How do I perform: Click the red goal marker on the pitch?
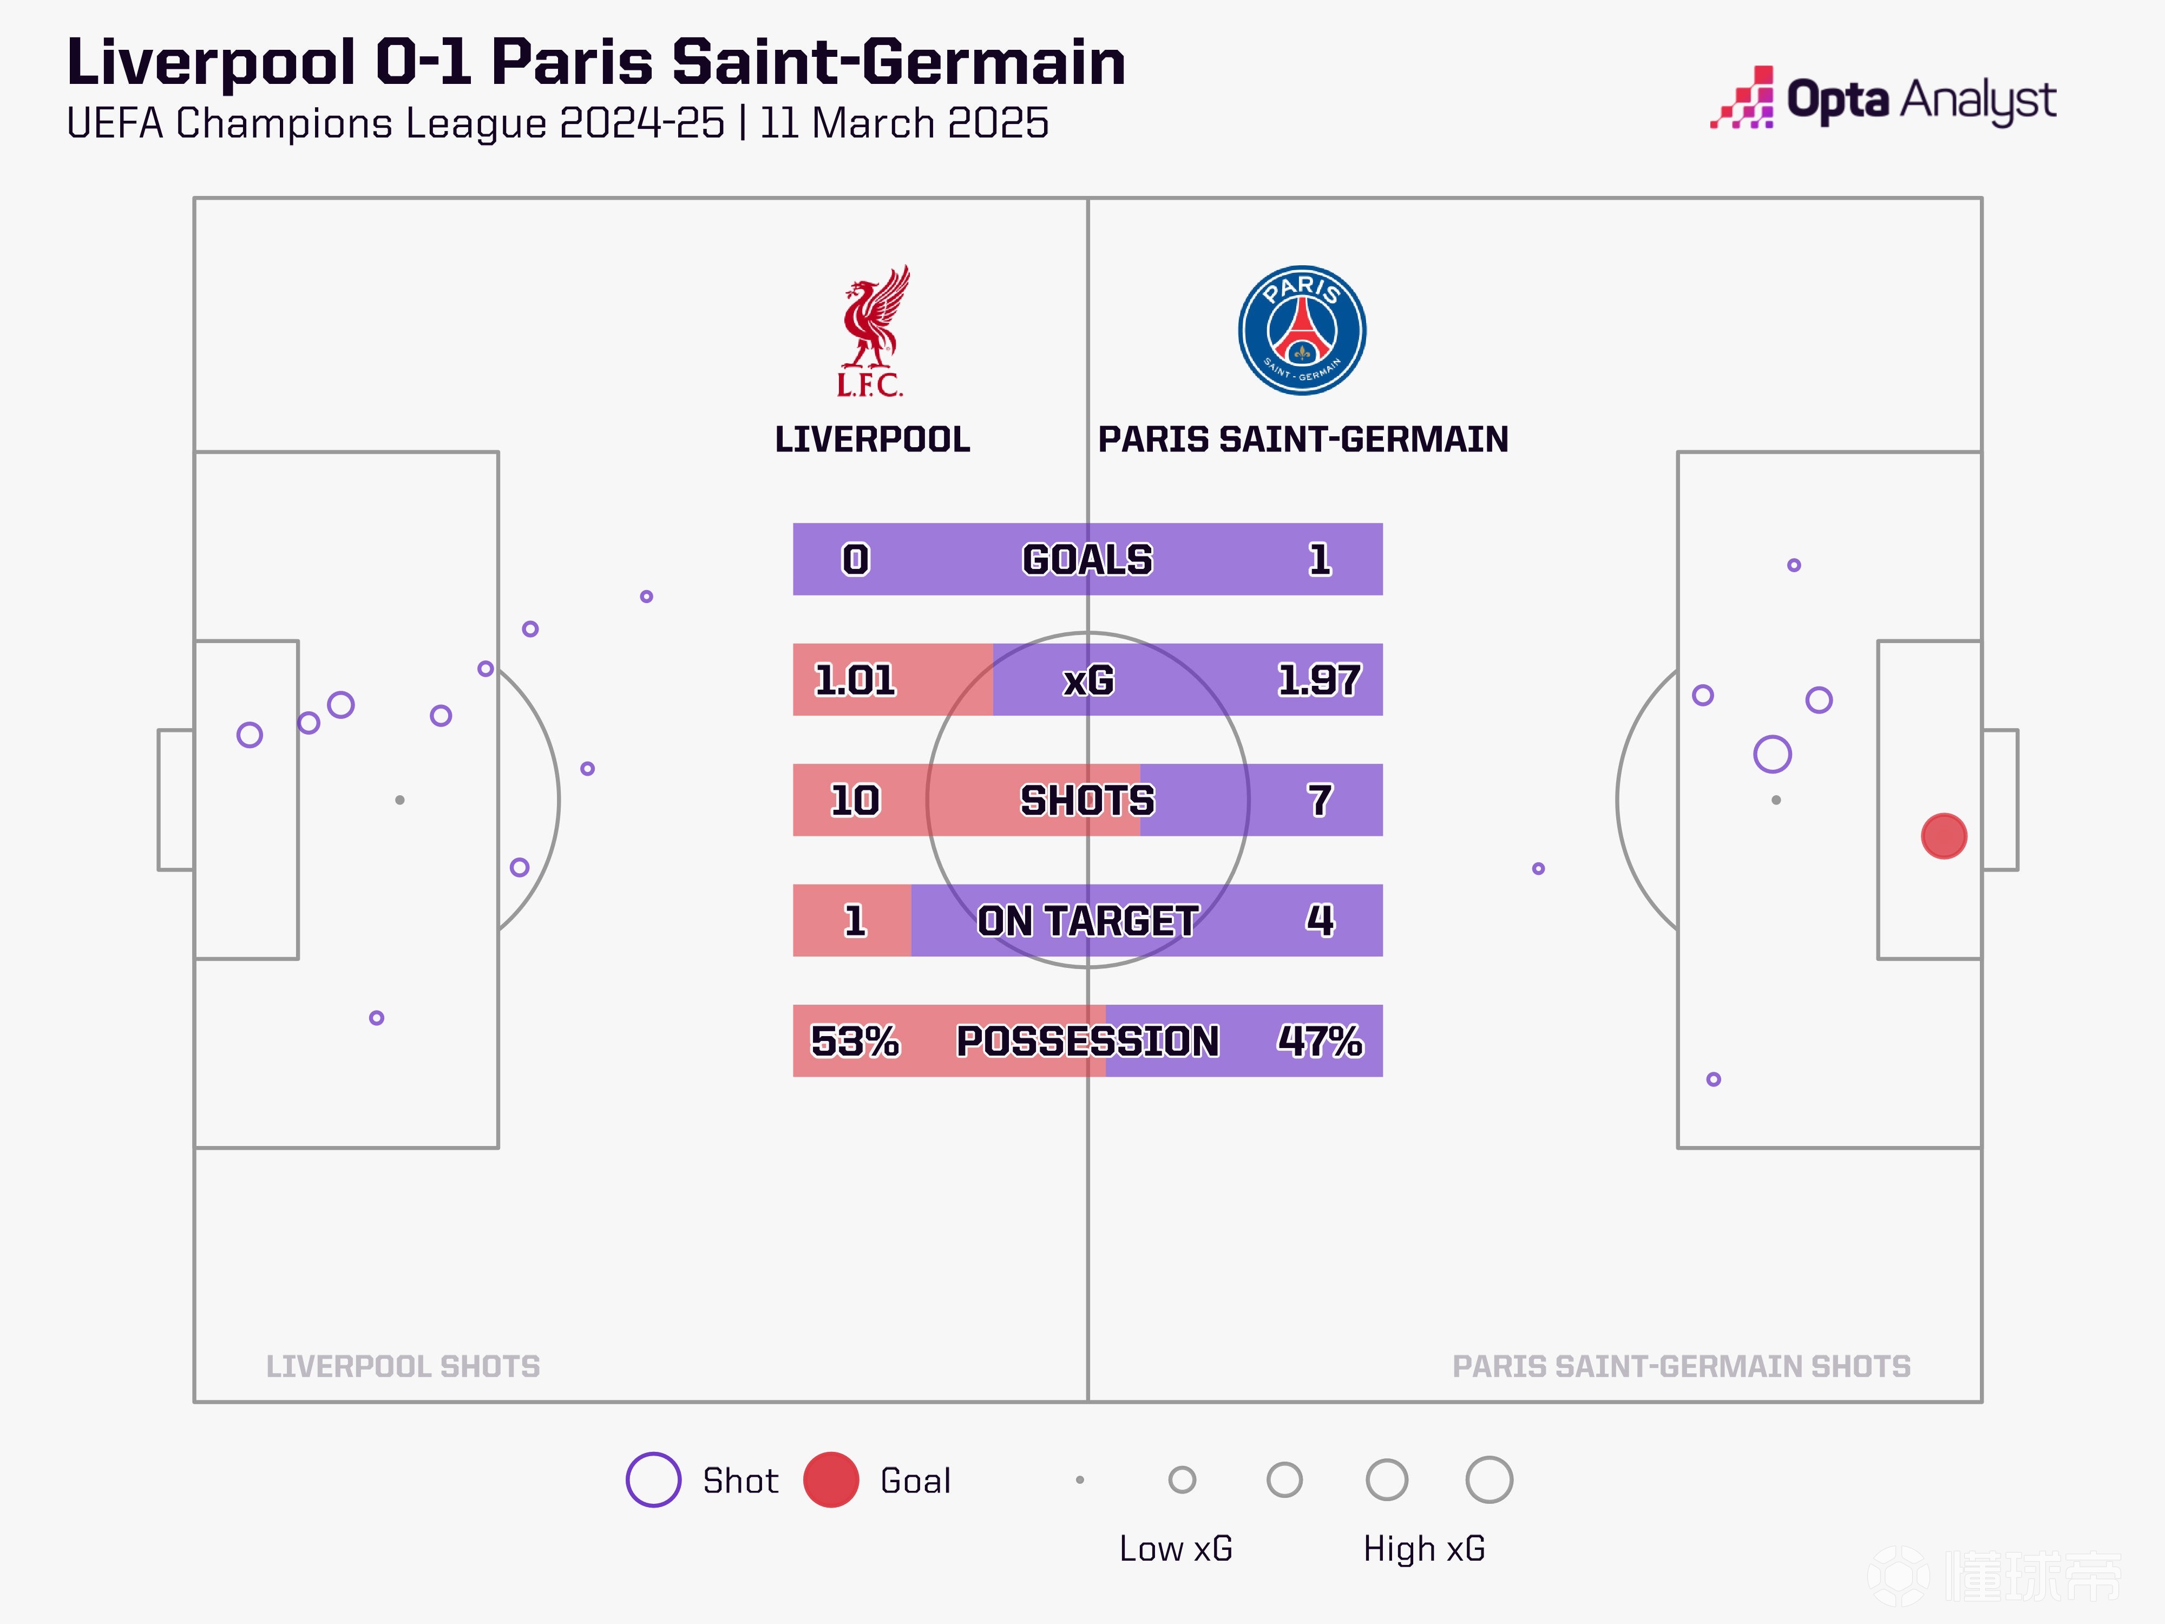1944,836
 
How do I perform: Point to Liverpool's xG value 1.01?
855,679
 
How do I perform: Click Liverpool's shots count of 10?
855,800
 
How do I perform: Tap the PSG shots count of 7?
1320,800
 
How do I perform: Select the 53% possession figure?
855,1040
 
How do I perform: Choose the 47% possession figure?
1320,1040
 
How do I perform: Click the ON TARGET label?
1087,920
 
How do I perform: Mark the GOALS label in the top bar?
1087,559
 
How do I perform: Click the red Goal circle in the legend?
831,1479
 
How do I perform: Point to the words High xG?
1424,1549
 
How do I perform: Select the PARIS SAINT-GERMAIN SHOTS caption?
1681,1366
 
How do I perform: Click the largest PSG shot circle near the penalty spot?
1772,754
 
